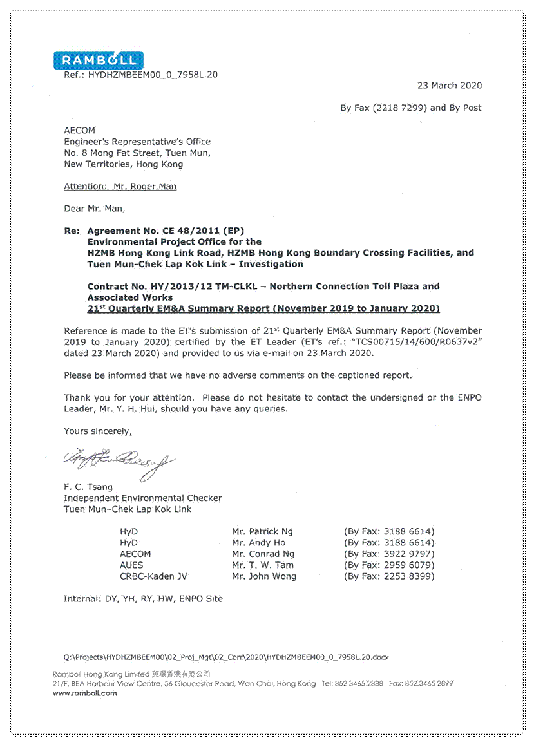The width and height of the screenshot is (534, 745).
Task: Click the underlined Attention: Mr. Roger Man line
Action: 120,187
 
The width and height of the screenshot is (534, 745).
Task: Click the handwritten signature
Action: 119,461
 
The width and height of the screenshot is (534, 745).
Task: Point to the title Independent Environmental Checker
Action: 142,498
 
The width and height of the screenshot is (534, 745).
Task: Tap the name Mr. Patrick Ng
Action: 262,532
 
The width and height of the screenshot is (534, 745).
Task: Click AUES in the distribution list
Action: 131,565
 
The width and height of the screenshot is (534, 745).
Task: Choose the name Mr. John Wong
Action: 264,577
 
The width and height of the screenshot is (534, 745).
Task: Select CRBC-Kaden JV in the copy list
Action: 153,577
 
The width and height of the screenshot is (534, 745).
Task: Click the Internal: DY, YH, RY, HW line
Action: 143,599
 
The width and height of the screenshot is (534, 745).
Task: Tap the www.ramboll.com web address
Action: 85,693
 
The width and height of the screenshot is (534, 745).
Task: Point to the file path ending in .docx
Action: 226,658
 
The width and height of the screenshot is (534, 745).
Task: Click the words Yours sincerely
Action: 97,431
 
